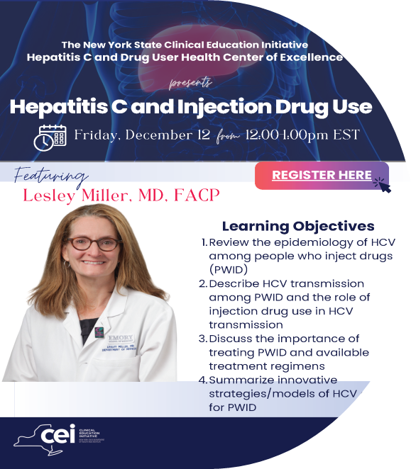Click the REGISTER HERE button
322,175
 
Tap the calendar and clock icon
50,137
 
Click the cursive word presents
190,84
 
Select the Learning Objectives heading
297,226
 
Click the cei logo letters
58,435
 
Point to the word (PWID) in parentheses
229,270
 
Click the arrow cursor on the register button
381,185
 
